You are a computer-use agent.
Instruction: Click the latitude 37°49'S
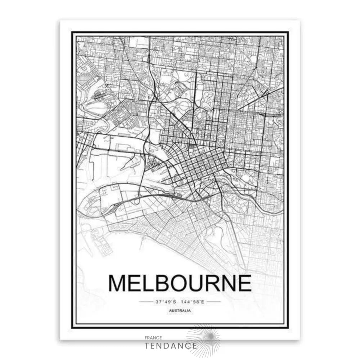(x=164, y=302)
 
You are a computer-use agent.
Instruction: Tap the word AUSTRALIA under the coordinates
(x=180, y=311)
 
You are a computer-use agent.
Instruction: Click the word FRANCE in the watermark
(x=153, y=338)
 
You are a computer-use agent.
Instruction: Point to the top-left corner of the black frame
(x=72, y=32)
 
